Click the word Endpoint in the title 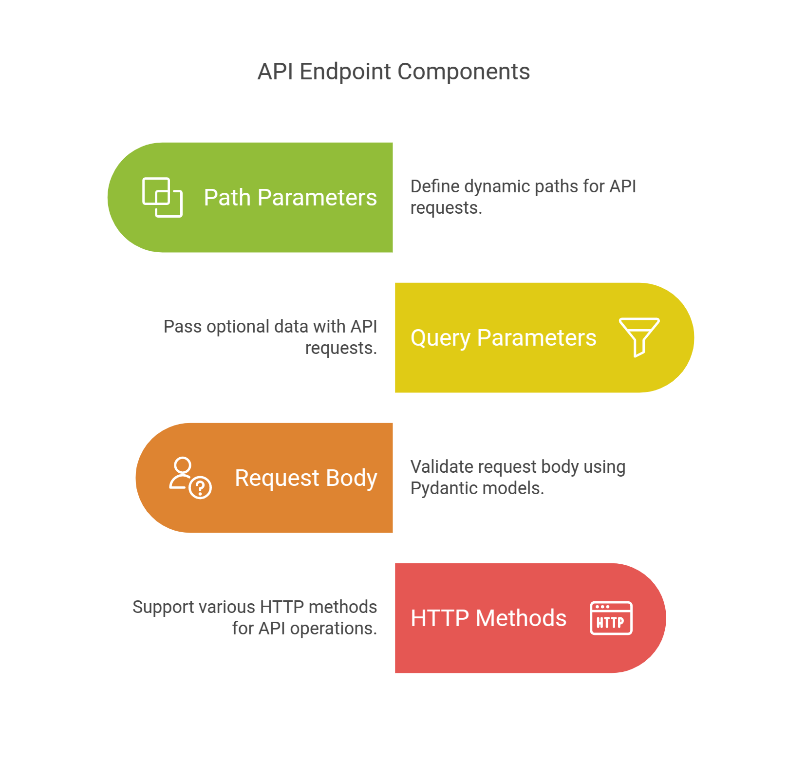pyautogui.click(x=345, y=72)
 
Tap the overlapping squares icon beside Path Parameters pyautogui.click(x=162, y=197)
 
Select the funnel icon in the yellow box pyautogui.click(x=639, y=336)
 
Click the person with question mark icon pyautogui.click(x=189, y=478)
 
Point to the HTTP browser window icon pyautogui.click(x=611, y=618)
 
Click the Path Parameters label pyautogui.click(x=290, y=198)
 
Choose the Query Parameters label pyautogui.click(x=503, y=338)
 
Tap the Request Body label pyautogui.click(x=306, y=478)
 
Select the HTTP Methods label pyautogui.click(x=488, y=618)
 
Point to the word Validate pyautogui.click(x=442, y=467)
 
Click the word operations pyautogui.click(x=333, y=629)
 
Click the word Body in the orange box pyautogui.click(x=352, y=478)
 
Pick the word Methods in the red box pyautogui.click(x=521, y=618)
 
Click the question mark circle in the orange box pyautogui.click(x=200, y=487)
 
